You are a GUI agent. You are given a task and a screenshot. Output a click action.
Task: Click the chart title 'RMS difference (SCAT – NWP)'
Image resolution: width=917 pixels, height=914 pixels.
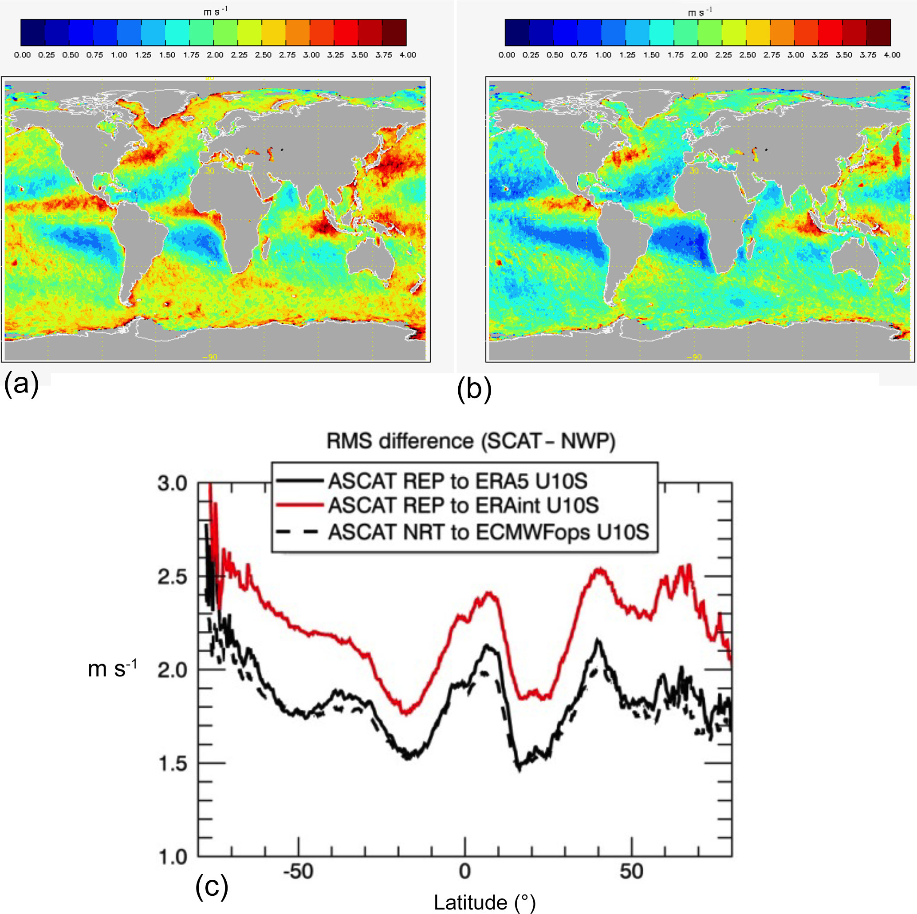(x=470, y=441)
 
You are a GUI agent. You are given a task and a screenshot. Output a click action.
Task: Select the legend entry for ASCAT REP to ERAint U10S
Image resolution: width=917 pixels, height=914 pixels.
(x=463, y=506)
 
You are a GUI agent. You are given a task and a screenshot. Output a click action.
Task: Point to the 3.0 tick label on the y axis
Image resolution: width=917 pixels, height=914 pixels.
(x=172, y=483)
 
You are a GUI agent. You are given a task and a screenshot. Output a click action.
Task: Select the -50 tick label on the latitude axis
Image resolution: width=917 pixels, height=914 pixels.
(x=298, y=872)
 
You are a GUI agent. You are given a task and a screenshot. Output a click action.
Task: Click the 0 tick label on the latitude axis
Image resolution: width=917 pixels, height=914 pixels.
(x=464, y=872)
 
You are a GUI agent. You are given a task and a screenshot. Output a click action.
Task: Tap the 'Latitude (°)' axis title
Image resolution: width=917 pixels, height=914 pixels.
(x=484, y=902)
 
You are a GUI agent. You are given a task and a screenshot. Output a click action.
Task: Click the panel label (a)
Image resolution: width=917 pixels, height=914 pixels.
(x=21, y=384)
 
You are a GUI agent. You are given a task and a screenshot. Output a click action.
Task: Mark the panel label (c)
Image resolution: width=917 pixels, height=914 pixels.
(x=212, y=887)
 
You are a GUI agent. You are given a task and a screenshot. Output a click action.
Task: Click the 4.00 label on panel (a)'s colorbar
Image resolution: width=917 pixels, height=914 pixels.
(x=407, y=55)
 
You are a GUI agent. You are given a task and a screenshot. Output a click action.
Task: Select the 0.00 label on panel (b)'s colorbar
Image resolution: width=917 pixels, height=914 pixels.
(x=507, y=55)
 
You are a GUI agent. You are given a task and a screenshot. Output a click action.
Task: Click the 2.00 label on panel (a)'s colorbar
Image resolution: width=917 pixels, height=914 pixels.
(x=215, y=55)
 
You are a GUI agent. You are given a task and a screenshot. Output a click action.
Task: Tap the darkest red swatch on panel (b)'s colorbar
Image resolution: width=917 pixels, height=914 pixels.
(x=878, y=32)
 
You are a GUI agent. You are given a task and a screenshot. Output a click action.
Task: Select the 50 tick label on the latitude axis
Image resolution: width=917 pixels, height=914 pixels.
(x=631, y=872)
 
